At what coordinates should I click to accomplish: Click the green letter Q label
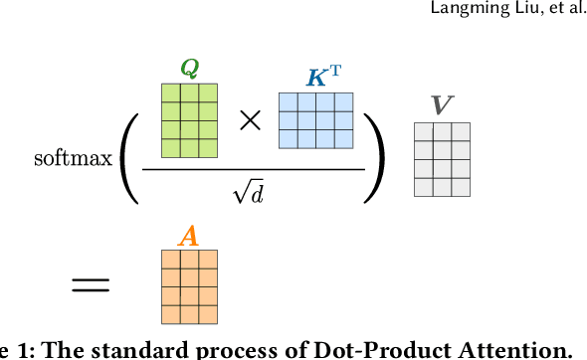coord(189,68)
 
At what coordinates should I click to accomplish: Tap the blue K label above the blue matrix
coord(317,78)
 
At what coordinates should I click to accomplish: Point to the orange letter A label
coord(189,236)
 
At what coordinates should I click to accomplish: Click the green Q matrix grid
coord(189,120)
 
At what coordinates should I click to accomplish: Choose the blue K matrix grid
coord(315,120)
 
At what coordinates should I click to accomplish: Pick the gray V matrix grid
coord(442,159)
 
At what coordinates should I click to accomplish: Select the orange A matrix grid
coord(189,286)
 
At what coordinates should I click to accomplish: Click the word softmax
coord(73,158)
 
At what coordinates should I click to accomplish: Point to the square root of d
coord(248,192)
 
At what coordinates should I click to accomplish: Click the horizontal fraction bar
coord(254,169)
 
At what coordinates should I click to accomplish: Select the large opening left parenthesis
coord(128,157)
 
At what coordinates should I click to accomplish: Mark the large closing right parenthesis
coord(374,157)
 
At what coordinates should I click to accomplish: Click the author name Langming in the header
coord(459,10)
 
